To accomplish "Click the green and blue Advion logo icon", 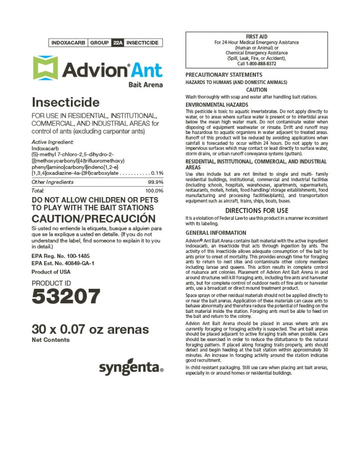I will click(45, 68).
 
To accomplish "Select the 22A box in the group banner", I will click(118, 43).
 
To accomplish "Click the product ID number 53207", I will click(66, 296).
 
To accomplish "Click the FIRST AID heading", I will click(257, 37).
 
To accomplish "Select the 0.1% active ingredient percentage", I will click(157, 173).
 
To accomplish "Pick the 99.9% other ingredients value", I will click(156, 182).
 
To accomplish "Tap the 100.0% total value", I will click(154, 191).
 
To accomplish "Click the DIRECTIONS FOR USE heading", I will click(257, 210).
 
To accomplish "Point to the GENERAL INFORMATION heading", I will click(216, 233).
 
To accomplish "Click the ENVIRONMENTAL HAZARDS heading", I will click(217, 105).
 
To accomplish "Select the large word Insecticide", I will click(66, 102).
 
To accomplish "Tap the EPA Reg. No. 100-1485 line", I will click(60, 256).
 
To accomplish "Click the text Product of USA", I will click(51, 272).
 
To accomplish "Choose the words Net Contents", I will click(50, 340).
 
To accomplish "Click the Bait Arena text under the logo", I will click(145, 85).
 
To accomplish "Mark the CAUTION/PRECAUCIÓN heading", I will click(94, 219).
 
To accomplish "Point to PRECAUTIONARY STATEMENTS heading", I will click(224, 75).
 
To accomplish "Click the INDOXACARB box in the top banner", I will click(68, 43).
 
